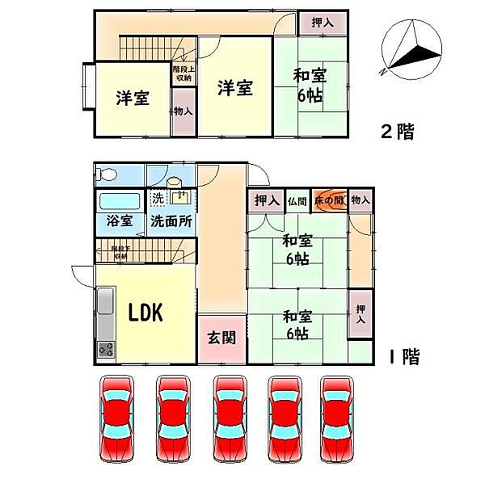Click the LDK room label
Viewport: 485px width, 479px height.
146,312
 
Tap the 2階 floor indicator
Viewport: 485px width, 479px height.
398,132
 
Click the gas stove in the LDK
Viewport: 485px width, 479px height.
107,349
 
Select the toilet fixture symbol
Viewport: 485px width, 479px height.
108,173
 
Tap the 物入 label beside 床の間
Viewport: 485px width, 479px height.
361,200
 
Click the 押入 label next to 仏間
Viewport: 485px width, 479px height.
265,200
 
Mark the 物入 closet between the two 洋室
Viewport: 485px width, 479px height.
183,111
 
